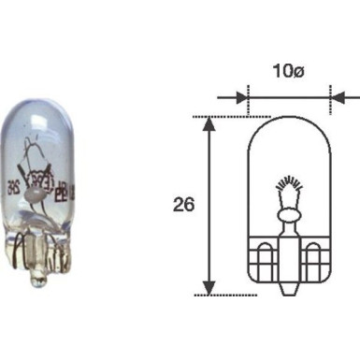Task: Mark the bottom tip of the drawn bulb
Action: (289, 291)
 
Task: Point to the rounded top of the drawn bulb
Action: (289, 121)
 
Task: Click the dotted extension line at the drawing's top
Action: (224, 117)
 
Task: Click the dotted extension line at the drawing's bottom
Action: (234, 294)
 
